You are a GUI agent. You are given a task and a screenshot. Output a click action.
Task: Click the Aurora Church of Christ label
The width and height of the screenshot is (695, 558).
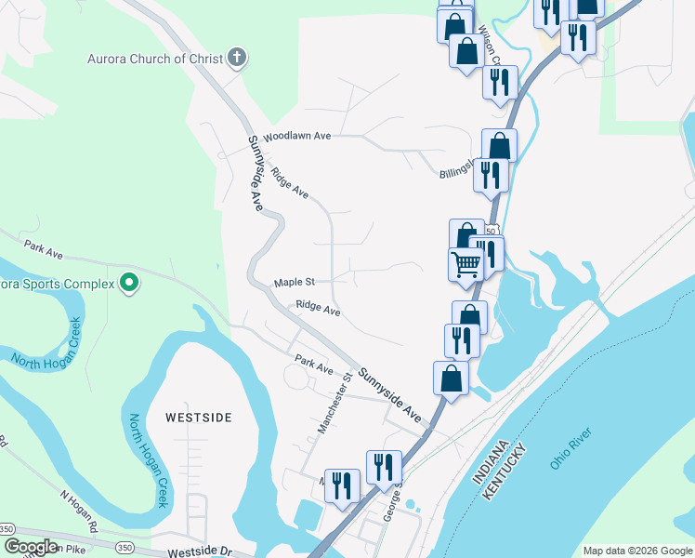[x=156, y=59]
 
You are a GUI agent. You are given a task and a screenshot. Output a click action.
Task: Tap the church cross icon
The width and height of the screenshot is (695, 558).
[x=237, y=59]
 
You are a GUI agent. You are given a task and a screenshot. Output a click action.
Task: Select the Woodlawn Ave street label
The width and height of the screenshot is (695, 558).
[x=297, y=136]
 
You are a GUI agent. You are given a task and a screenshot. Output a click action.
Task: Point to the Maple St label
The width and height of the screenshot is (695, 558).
[x=295, y=282]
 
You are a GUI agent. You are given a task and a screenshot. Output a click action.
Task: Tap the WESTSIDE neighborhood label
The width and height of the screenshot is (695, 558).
[x=198, y=418]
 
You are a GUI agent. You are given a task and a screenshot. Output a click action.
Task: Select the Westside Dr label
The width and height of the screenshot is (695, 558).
[x=200, y=551]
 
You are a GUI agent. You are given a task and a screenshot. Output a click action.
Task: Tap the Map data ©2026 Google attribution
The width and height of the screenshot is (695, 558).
[x=637, y=551]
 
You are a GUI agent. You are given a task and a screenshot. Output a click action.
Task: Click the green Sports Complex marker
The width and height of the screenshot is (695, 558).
[x=130, y=283]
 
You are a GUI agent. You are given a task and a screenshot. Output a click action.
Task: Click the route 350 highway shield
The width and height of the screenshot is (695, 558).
[x=7, y=528]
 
